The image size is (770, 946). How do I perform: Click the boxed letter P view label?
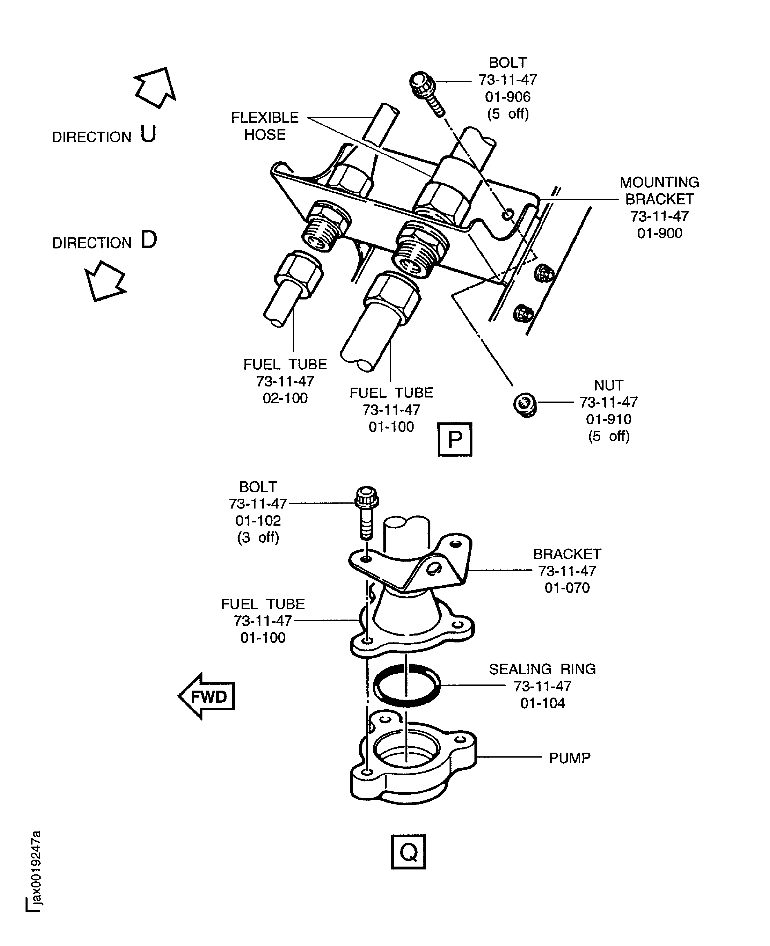click(x=455, y=439)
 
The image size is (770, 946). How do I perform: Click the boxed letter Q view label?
click(x=408, y=851)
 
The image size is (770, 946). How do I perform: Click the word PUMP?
click(x=570, y=758)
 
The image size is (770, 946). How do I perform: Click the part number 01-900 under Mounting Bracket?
click(x=660, y=233)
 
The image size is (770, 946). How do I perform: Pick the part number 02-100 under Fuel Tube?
click(x=285, y=398)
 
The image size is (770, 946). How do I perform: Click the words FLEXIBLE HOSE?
click(x=265, y=126)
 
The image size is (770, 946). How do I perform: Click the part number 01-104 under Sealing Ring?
click(x=542, y=703)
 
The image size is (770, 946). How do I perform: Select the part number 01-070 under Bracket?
click(x=567, y=588)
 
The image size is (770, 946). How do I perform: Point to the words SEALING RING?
click(x=542, y=669)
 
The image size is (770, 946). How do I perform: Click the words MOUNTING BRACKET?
click(x=659, y=190)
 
